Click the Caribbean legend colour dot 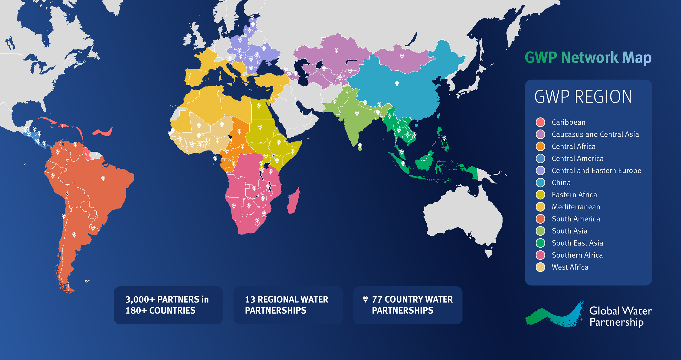point(540,122)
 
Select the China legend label point(561,183)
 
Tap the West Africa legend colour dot point(540,267)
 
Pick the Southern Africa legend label point(577,255)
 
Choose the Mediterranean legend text point(576,207)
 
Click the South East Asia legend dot point(540,243)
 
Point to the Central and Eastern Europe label point(596,170)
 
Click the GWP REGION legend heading point(583,97)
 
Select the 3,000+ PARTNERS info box point(168,305)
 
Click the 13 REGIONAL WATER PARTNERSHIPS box point(288,305)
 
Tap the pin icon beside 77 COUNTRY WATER point(365,299)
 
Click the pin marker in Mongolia point(402,56)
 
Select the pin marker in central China point(397,83)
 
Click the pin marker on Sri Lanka point(360,145)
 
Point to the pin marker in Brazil point(103,178)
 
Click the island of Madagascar point(293,201)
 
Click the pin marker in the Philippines point(444,138)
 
